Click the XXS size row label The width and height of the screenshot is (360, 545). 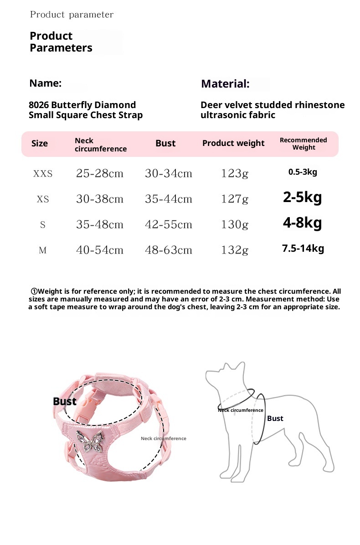click(x=43, y=174)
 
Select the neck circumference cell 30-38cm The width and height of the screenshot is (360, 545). click(x=100, y=199)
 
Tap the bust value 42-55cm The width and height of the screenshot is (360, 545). click(x=168, y=225)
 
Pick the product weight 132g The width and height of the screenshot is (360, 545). click(x=235, y=250)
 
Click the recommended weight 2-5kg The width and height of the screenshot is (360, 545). click(x=303, y=197)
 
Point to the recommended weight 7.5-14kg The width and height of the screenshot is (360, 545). click(x=303, y=249)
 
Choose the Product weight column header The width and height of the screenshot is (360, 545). click(x=233, y=143)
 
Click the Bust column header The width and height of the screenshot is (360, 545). click(x=165, y=143)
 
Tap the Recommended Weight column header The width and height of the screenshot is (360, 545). click(x=303, y=144)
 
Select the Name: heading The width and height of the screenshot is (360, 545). click(x=45, y=83)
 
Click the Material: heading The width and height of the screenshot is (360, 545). click(x=225, y=84)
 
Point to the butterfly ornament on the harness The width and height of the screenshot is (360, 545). click(x=90, y=440)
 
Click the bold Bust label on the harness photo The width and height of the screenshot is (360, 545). click(x=65, y=401)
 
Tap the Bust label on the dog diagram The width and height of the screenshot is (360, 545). click(x=275, y=418)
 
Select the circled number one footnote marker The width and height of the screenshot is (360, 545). click(x=34, y=291)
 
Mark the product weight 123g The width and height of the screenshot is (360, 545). click(x=235, y=174)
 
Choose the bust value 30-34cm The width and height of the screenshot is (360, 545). click(x=168, y=174)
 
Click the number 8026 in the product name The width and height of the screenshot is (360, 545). click(x=39, y=105)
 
